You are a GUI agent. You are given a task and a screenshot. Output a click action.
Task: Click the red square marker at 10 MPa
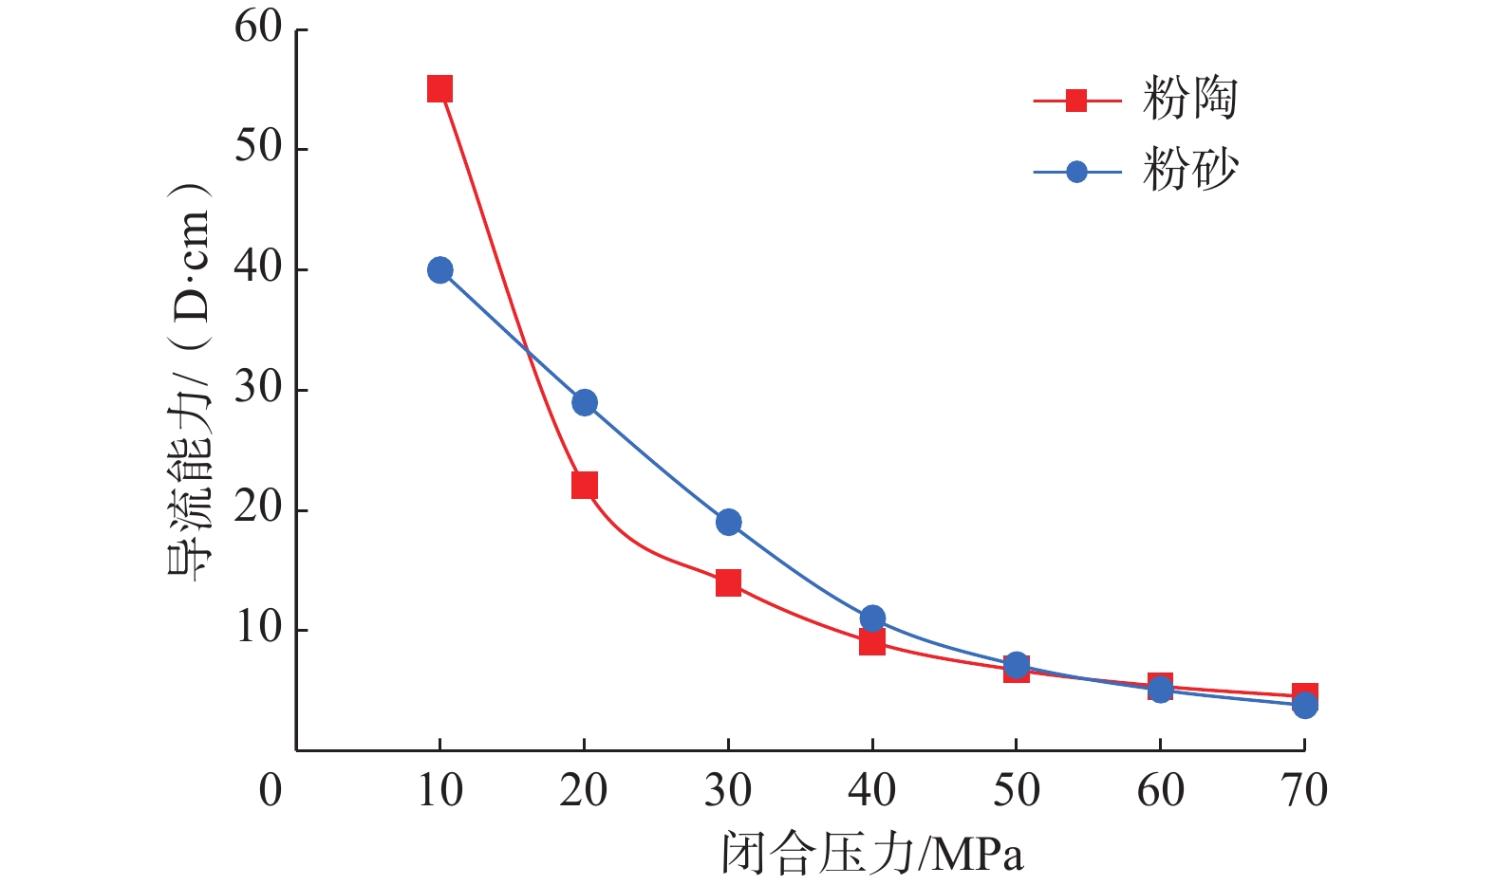pyautogui.click(x=439, y=89)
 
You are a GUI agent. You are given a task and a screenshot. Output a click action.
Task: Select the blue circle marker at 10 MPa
pyautogui.click(x=439, y=270)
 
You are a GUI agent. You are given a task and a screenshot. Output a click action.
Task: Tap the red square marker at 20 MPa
pyautogui.click(x=585, y=486)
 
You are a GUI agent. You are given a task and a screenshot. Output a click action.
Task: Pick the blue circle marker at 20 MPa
pyautogui.click(x=585, y=402)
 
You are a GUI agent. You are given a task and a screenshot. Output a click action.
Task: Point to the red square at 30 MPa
pyautogui.click(x=728, y=582)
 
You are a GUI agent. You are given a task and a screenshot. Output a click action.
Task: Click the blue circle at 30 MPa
pyautogui.click(x=728, y=522)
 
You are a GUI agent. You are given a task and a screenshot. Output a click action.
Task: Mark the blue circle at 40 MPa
pyautogui.click(x=872, y=618)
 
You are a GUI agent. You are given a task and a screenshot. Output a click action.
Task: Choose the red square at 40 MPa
pyautogui.click(x=872, y=643)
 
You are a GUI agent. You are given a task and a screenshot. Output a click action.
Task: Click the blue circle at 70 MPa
pyautogui.click(x=1305, y=705)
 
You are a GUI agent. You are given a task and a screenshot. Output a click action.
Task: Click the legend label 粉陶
pyautogui.click(x=1190, y=99)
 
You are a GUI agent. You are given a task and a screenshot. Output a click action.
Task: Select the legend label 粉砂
pyautogui.click(x=1190, y=171)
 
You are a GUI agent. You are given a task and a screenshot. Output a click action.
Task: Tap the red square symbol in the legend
pyautogui.click(x=1075, y=100)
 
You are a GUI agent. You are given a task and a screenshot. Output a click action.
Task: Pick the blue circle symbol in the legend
pyautogui.click(x=1075, y=172)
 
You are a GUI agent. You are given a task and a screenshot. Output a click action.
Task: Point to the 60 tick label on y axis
pyautogui.click(x=258, y=28)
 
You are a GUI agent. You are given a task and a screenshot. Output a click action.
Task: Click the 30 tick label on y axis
pyautogui.click(x=258, y=389)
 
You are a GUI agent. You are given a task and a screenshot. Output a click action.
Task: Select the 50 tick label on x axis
pyautogui.click(x=1016, y=790)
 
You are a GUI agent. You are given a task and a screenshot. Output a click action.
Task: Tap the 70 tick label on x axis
pyautogui.click(x=1304, y=790)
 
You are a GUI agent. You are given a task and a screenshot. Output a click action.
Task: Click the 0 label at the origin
pyautogui.click(x=271, y=790)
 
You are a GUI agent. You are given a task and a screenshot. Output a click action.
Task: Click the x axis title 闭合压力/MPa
pyautogui.click(x=872, y=853)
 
